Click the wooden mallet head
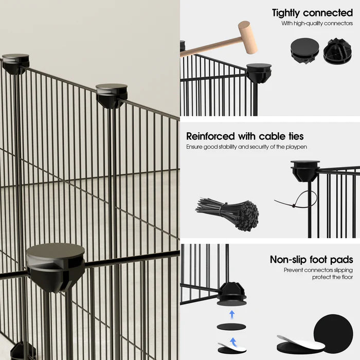[x=247, y=37]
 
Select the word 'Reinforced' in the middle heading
[x=210, y=136]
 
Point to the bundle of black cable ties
[x=228, y=213]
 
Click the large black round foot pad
[x=333, y=332]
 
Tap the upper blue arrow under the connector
[x=232, y=314]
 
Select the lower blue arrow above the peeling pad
[x=233, y=341]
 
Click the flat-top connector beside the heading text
[x=304, y=50]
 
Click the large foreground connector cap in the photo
[x=56, y=267]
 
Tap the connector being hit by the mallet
[x=259, y=73]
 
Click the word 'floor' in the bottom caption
[x=347, y=277]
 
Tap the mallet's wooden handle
[x=211, y=47]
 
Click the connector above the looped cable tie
[x=304, y=170]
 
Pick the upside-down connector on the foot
[x=231, y=294]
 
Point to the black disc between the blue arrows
[x=231, y=327]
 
